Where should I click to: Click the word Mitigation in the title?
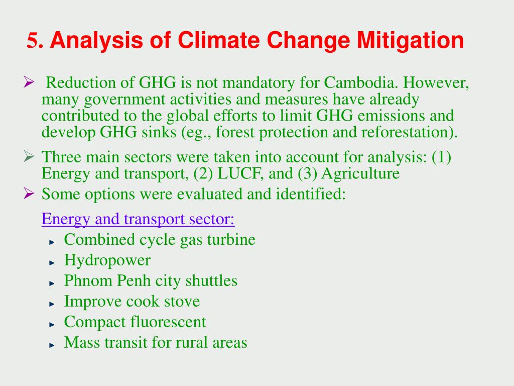(410, 41)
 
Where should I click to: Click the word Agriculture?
(360, 174)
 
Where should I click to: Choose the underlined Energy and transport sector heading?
(138, 219)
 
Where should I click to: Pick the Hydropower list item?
(107, 260)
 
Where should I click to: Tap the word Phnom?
(88, 280)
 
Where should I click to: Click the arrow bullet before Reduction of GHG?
(29, 82)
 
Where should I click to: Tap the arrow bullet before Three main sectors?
(29, 156)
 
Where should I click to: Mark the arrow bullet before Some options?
(29, 194)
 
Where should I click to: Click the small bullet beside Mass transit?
(52, 345)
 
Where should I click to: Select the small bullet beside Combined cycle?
(52, 242)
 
